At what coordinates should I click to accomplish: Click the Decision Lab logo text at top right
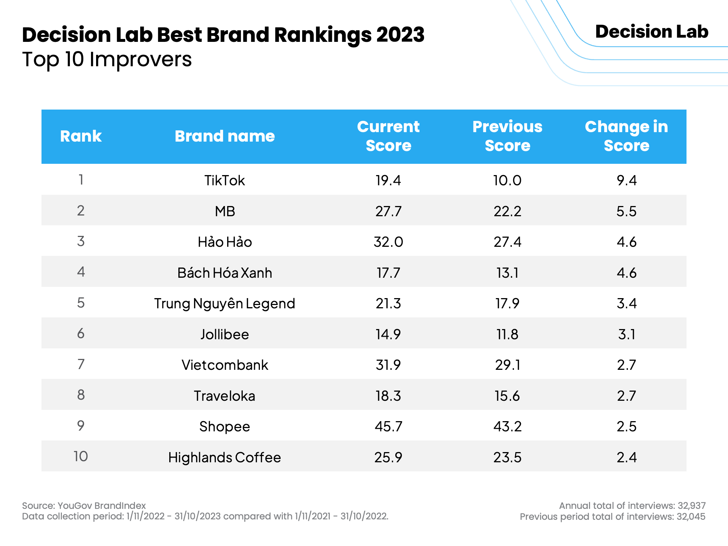pos(652,32)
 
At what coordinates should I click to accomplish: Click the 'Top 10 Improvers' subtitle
pos(107,59)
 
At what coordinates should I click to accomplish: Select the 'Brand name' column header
pos(225,136)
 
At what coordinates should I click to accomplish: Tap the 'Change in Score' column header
pos(626,136)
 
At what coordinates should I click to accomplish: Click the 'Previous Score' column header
pos(507,136)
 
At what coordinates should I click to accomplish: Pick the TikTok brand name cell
pos(225,181)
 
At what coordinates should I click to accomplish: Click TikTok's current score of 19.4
pos(388,181)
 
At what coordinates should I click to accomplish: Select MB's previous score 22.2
pos(507,211)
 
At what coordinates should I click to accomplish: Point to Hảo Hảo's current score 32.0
pos(388,242)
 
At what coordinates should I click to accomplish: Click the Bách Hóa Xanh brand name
pos(225,273)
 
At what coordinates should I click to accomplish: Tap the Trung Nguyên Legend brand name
pos(225,304)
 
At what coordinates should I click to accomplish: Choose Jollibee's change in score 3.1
pos(626,334)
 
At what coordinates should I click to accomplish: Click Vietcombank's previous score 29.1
pos(507,365)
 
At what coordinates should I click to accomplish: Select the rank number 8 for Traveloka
pos(81,395)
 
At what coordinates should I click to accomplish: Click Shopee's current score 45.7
pos(388,426)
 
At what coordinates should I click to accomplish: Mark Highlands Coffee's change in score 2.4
pos(626,457)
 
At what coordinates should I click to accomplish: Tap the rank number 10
pos(81,456)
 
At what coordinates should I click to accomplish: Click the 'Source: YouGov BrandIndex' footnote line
pos(84,506)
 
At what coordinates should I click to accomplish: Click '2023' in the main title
pos(400,35)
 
